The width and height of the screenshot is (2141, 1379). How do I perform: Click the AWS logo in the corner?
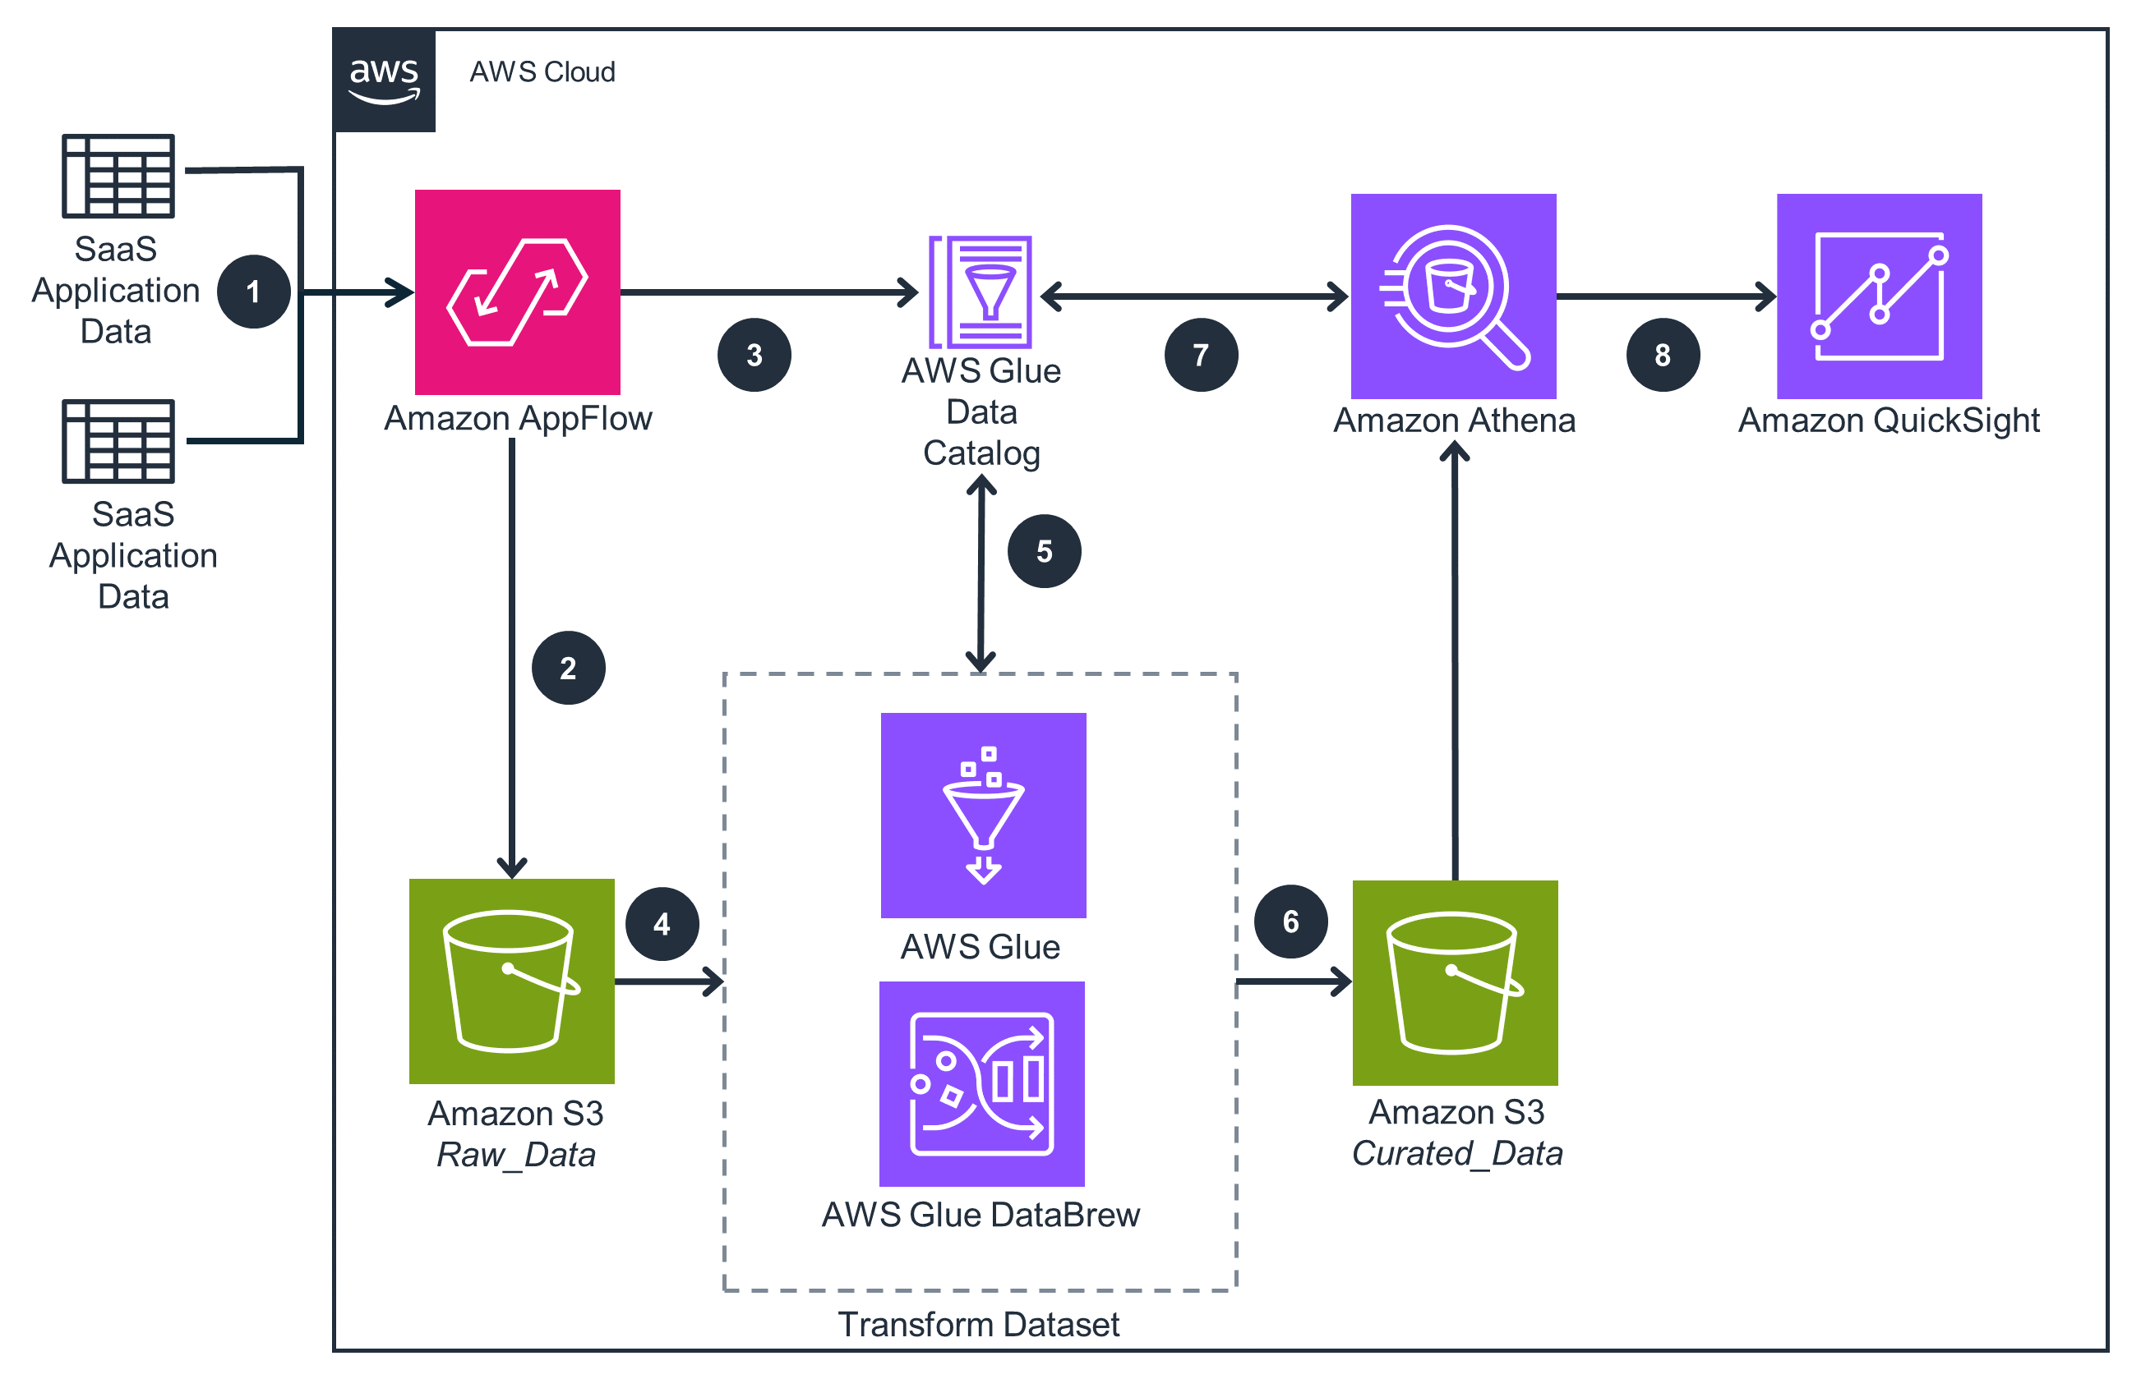point(385,80)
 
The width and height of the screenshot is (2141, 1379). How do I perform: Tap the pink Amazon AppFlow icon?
point(517,292)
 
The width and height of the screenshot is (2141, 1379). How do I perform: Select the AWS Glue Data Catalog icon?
point(981,292)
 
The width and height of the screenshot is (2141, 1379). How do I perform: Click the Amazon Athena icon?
point(1452,296)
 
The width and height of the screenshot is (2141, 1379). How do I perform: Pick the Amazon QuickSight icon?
point(1879,296)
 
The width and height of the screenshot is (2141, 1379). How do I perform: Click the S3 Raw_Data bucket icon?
point(511,981)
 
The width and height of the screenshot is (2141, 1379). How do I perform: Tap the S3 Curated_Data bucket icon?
point(1454,982)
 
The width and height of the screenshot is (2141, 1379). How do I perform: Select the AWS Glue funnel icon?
point(983,815)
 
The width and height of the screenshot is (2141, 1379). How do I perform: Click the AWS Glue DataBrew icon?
point(981,1083)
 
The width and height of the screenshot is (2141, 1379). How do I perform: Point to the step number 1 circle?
point(253,292)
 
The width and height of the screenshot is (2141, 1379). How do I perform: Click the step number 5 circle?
point(1044,551)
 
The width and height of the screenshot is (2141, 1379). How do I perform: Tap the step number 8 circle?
point(1662,356)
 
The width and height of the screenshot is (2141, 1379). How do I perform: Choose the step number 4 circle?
point(661,923)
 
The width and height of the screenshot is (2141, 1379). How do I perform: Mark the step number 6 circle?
point(1290,922)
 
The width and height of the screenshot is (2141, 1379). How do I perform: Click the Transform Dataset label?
point(978,1323)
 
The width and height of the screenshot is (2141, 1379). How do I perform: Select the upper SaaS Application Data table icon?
point(118,176)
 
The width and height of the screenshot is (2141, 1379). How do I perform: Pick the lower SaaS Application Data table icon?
point(118,440)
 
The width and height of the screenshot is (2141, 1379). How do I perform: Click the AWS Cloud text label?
point(542,71)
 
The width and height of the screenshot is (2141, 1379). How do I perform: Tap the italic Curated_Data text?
point(1456,1152)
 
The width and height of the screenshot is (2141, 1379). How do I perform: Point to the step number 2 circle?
point(568,668)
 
